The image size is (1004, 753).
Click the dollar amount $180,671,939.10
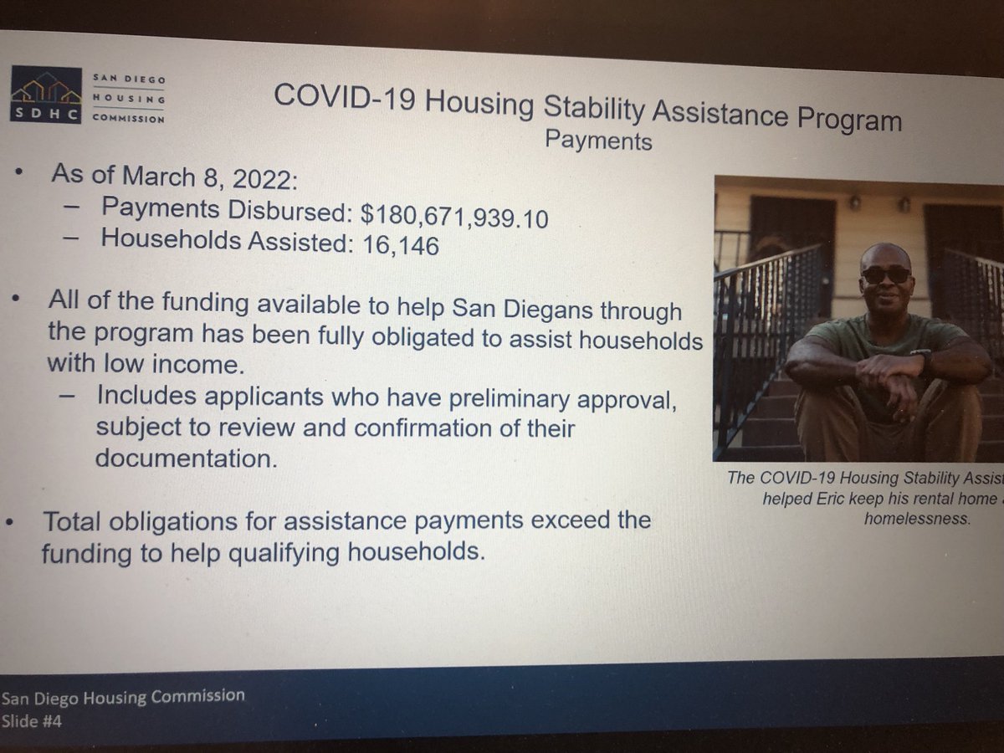point(455,216)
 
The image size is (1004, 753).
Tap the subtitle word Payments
point(597,140)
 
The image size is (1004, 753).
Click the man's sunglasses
point(885,274)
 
